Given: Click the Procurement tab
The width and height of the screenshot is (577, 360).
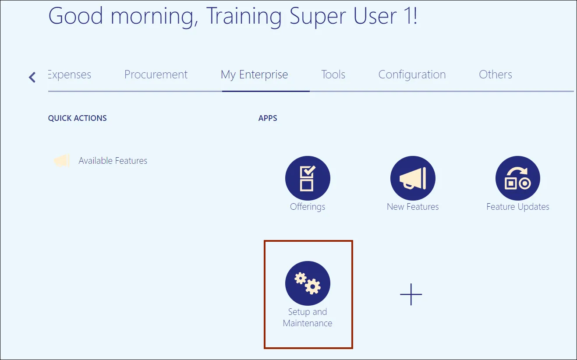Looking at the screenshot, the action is pyautogui.click(x=156, y=75).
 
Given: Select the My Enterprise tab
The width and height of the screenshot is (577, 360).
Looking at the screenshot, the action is pyautogui.click(x=254, y=75).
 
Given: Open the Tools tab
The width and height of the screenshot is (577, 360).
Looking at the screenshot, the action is pyautogui.click(x=333, y=75).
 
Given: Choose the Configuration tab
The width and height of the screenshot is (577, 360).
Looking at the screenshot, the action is pyautogui.click(x=412, y=75).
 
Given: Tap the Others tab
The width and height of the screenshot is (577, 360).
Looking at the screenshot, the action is pyautogui.click(x=496, y=75).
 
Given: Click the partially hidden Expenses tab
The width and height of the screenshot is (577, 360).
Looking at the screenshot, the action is pyautogui.click(x=70, y=75).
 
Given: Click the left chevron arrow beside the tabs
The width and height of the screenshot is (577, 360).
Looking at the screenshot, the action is pyautogui.click(x=32, y=77).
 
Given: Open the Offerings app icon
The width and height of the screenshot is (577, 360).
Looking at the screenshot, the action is pyautogui.click(x=308, y=178).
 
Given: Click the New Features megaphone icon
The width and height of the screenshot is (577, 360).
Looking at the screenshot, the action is pyautogui.click(x=413, y=178).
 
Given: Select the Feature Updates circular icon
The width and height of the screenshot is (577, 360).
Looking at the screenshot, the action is pyautogui.click(x=518, y=178).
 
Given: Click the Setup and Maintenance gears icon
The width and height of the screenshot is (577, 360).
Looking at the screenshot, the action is pyautogui.click(x=308, y=283).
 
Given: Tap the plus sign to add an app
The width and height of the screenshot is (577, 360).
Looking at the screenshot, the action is pyautogui.click(x=411, y=294).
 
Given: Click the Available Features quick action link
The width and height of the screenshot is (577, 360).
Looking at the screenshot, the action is pyautogui.click(x=113, y=161).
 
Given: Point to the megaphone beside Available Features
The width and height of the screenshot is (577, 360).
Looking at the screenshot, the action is pyautogui.click(x=62, y=161).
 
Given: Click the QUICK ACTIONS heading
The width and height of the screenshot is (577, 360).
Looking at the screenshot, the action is pyautogui.click(x=77, y=118).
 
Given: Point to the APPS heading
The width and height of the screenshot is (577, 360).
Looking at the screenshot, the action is pyautogui.click(x=268, y=118).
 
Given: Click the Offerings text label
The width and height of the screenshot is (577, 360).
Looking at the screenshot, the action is pyautogui.click(x=308, y=207).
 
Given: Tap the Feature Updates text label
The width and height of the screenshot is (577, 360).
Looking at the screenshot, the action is pyautogui.click(x=518, y=207).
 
